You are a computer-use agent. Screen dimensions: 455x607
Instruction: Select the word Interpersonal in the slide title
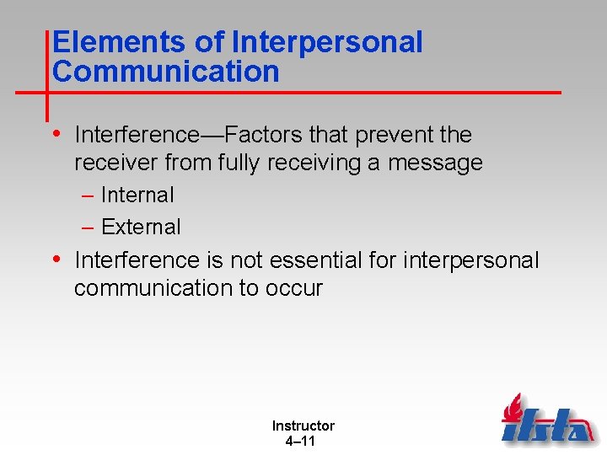[326, 43]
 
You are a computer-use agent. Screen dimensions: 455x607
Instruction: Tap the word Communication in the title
[165, 72]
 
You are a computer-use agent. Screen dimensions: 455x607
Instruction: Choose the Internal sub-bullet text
[137, 195]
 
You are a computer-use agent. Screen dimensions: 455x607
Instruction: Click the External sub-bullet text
[141, 227]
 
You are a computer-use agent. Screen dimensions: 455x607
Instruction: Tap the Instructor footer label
[303, 426]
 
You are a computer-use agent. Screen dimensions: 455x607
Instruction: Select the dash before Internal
[89, 195]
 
